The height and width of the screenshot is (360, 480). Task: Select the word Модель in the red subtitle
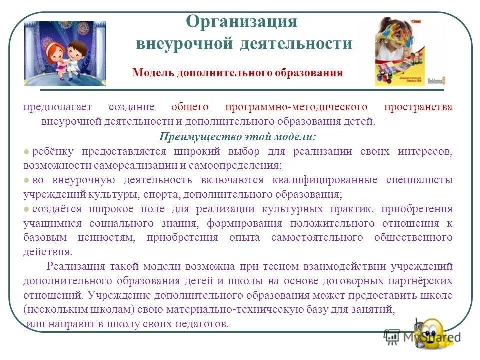(150, 73)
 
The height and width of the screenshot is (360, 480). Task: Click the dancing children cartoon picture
(65, 53)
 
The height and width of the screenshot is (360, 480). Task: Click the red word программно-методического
(296, 108)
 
